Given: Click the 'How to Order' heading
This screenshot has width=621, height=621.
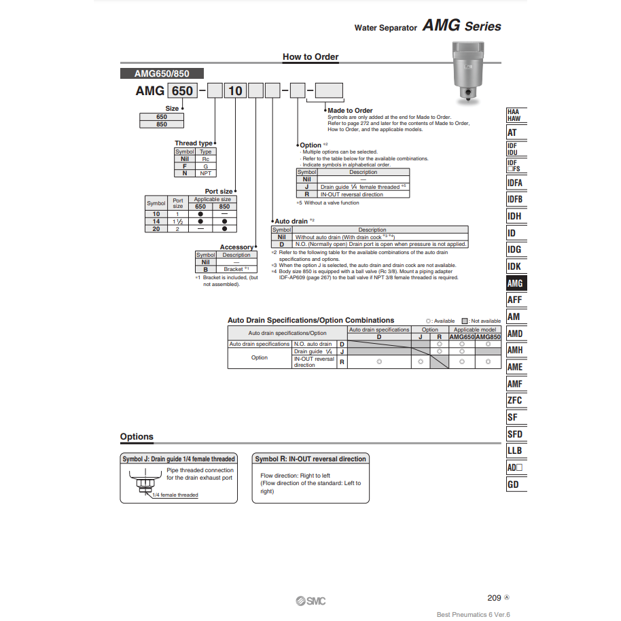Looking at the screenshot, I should (x=310, y=57).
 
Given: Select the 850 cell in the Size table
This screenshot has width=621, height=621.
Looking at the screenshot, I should (x=162, y=124).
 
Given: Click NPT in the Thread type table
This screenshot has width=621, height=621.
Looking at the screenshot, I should (x=205, y=173).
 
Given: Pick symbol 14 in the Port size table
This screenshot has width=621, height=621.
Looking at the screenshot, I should (x=156, y=221).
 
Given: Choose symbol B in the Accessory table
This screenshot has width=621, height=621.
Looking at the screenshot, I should (x=205, y=269).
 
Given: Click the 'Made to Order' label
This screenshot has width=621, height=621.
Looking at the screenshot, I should (x=350, y=110).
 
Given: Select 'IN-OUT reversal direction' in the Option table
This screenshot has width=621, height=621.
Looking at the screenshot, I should (x=351, y=194).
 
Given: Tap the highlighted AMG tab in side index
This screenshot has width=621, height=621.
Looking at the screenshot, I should (x=515, y=283).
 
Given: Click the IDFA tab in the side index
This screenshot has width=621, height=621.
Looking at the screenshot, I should (x=515, y=183).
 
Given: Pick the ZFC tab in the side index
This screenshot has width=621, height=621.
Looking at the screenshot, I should (x=515, y=400).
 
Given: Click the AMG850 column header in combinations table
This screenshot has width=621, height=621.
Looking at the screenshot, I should (x=488, y=337).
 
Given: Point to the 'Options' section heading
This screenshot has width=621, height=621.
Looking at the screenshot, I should (x=137, y=437).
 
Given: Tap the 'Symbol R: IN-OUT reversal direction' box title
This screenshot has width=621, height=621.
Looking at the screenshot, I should (x=310, y=459).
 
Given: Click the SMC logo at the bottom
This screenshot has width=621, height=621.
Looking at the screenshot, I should (x=310, y=601).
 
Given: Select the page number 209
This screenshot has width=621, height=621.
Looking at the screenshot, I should (x=494, y=598).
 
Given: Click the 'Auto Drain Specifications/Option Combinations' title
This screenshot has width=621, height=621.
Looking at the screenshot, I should (x=310, y=320).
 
